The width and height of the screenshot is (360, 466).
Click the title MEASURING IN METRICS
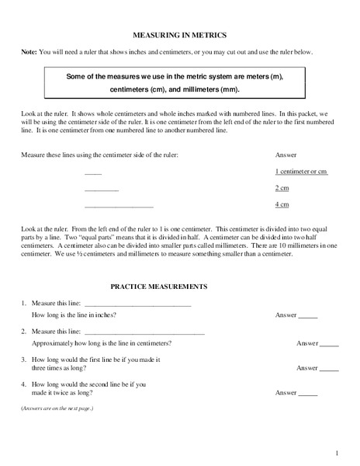(180, 36)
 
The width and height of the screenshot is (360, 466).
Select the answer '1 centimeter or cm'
(302, 171)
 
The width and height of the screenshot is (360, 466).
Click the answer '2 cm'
(282, 188)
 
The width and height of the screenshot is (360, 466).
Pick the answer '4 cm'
(282, 204)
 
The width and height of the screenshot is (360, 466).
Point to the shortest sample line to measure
(92, 173)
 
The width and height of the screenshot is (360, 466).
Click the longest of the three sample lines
(118, 207)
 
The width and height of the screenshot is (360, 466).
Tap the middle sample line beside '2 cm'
(101, 190)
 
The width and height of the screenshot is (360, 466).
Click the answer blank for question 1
(308, 318)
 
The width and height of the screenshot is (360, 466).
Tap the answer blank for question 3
(329, 370)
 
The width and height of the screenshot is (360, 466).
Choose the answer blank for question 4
(308, 395)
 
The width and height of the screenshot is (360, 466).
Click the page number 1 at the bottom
(337, 453)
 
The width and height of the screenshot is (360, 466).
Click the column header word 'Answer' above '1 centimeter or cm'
(286, 155)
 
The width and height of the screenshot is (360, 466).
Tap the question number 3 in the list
(24, 360)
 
